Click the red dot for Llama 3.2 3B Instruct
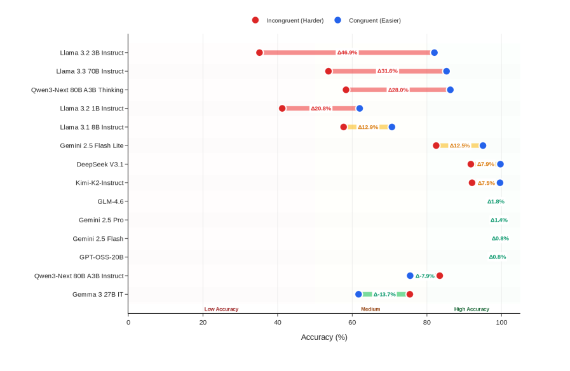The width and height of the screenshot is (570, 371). pos(259,53)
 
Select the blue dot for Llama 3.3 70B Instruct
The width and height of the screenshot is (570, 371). pos(447,71)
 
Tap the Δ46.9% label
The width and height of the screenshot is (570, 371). pos(347,53)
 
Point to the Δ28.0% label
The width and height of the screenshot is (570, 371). pos(398,90)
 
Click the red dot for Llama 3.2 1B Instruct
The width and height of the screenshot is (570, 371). pos(282,109)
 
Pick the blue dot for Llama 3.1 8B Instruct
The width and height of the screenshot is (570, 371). pos(391,127)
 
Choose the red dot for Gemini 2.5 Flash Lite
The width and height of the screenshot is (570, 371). pos(436,145)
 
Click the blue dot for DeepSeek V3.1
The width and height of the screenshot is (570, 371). pos(500,164)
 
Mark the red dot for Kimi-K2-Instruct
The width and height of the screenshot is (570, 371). pos(472,183)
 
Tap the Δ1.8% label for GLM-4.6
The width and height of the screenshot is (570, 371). pos(496,201)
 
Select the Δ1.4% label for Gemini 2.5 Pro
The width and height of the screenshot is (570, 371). pos(499,220)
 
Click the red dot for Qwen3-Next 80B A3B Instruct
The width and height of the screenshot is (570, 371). pos(440,276)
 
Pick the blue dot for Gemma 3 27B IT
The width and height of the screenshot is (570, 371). pos(358,294)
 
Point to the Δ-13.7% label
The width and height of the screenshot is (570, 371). pos(384,294)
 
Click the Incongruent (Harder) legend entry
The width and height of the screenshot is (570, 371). pos(285,20)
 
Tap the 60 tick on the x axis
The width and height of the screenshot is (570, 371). pos(352,323)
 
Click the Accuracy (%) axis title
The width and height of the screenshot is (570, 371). pos(324,337)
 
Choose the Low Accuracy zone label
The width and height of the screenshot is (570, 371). pos(221,309)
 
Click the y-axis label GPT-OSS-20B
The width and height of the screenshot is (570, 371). pos(102,257)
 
